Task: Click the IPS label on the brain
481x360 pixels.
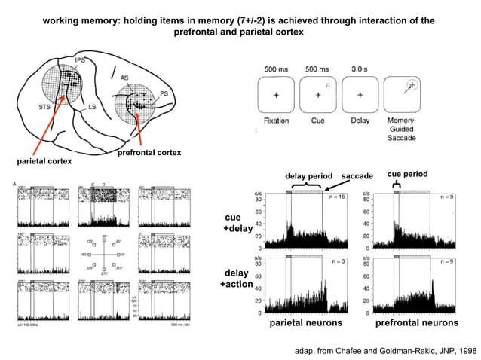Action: point(80,59)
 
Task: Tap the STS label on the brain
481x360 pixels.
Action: point(45,107)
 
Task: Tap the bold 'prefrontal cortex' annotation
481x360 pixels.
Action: point(149,153)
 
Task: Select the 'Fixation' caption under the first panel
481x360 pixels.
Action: point(276,121)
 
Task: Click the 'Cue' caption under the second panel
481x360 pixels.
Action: point(318,121)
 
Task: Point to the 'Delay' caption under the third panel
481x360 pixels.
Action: point(360,121)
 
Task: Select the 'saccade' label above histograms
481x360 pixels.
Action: point(357,175)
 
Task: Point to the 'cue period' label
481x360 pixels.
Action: point(407,173)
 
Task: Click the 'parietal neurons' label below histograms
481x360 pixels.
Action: point(306,323)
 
